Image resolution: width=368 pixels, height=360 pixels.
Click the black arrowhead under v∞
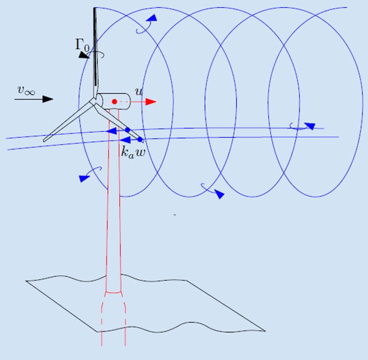pyautogui.click(x=48, y=99)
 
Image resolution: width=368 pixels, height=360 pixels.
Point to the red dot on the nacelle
pyautogui.click(x=114, y=102)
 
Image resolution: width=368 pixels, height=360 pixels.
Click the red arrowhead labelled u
pyautogui.click(x=151, y=102)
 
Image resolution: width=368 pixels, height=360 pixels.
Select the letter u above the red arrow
pyautogui.click(x=139, y=92)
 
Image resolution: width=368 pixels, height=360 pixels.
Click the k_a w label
pyautogui.click(x=132, y=151)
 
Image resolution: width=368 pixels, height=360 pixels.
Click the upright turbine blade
pyautogui.click(x=94, y=49)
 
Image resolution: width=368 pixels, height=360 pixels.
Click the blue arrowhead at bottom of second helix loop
pyautogui.click(x=219, y=195)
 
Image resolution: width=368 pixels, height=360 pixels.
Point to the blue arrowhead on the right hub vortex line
pyautogui.click(x=309, y=125)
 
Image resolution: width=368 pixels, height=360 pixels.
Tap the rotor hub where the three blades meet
pyautogui.click(x=93, y=101)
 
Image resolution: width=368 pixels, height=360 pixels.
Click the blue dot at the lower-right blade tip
pyautogui.click(x=140, y=140)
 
